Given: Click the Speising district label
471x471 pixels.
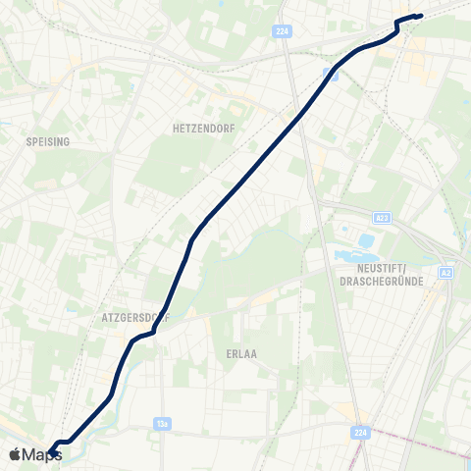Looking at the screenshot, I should [48, 141].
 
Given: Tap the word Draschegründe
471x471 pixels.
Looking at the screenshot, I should [380, 282].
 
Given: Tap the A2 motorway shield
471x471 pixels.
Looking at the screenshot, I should [446, 272].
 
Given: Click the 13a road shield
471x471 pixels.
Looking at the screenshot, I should [163, 424].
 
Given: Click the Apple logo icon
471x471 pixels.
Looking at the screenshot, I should [15, 454].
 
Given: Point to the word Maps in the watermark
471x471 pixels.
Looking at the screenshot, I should [42, 454].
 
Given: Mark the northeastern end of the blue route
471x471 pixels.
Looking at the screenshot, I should [420, 16].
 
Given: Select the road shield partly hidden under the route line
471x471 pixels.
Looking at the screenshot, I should [333, 75].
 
